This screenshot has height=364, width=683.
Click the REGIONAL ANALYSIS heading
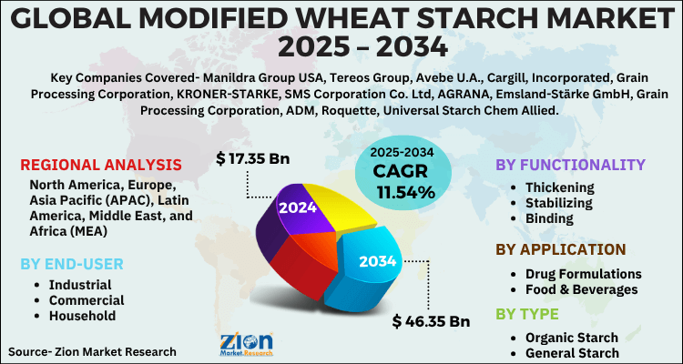point(100,165)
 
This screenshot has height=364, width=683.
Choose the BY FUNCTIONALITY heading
point(569,165)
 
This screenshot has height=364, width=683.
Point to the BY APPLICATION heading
point(560,249)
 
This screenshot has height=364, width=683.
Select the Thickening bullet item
point(560,187)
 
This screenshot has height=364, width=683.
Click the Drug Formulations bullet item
point(583,273)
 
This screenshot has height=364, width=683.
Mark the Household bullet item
point(83,316)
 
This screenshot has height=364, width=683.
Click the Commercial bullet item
point(87,299)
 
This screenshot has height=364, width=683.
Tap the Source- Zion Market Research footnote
point(92,350)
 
